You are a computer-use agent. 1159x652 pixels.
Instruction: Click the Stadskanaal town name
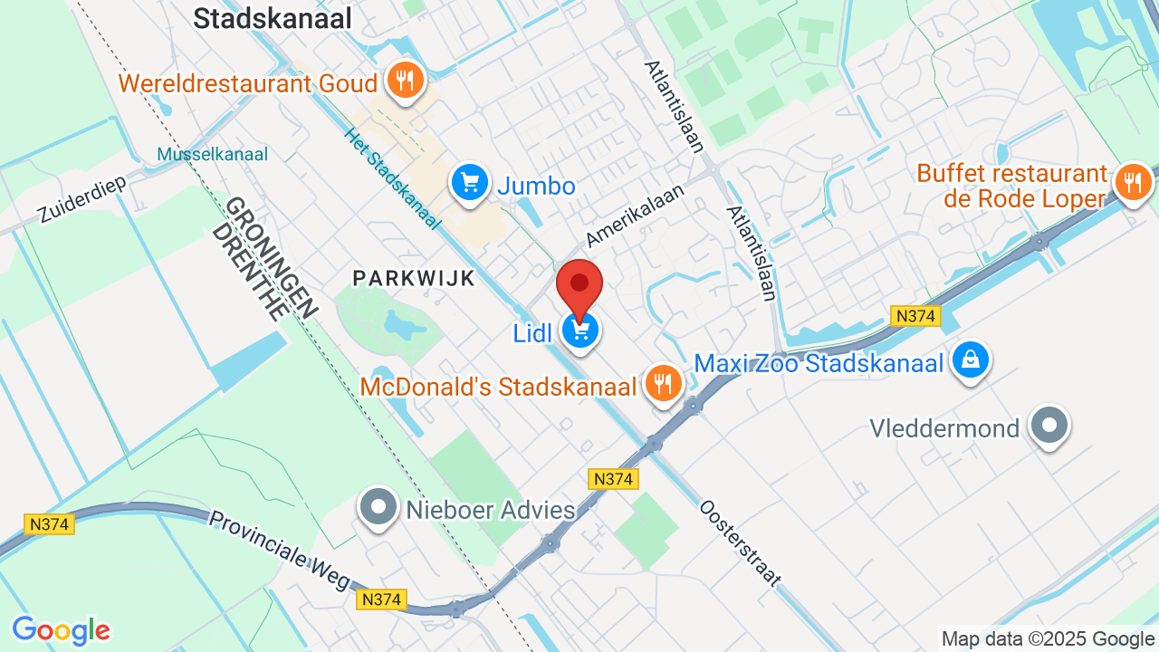click(273, 18)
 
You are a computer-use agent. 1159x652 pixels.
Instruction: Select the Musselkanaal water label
click(213, 154)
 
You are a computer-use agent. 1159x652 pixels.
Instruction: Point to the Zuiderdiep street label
click(81, 199)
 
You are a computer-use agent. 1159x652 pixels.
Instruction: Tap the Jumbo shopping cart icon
click(470, 184)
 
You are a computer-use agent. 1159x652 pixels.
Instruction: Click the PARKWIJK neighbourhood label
click(414, 278)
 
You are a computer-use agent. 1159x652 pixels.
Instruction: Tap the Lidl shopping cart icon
click(580, 331)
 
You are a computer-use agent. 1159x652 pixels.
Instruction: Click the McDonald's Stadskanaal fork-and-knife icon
click(663, 384)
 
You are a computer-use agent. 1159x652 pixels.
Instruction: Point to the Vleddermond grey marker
click(1050, 425)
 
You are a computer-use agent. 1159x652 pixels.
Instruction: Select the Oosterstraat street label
click(740, 542)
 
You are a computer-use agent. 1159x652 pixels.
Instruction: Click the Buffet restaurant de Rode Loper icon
click(1131, 182)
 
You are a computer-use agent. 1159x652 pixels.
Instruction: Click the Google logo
click(61, 630)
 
